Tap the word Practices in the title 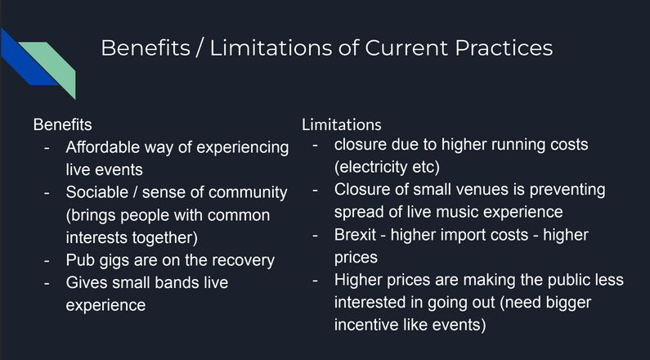tap(504, 47)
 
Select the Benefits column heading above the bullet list tap(63, 124)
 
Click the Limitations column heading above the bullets tap(342, 124)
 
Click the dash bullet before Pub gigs tap(47, 261)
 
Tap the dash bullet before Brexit tap(315, 236)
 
